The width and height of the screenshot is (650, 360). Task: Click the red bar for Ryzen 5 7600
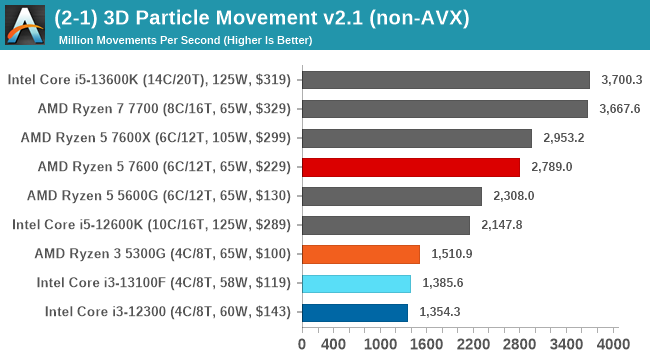point(410,167)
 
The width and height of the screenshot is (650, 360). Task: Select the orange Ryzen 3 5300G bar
point(360,254)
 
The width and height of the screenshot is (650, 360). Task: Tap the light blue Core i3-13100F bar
point(355,283)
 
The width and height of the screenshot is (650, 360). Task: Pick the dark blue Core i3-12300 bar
point(354,312)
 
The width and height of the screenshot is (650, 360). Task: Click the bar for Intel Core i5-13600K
point(445,80)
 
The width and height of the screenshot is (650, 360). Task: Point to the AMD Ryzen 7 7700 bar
point(444,109)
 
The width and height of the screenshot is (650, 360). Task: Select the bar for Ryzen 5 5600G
point(391,196)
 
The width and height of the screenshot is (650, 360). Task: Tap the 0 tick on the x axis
point(302,344)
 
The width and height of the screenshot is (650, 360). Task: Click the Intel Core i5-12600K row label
point(152,225)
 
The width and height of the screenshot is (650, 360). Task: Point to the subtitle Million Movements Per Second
point(185,40)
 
